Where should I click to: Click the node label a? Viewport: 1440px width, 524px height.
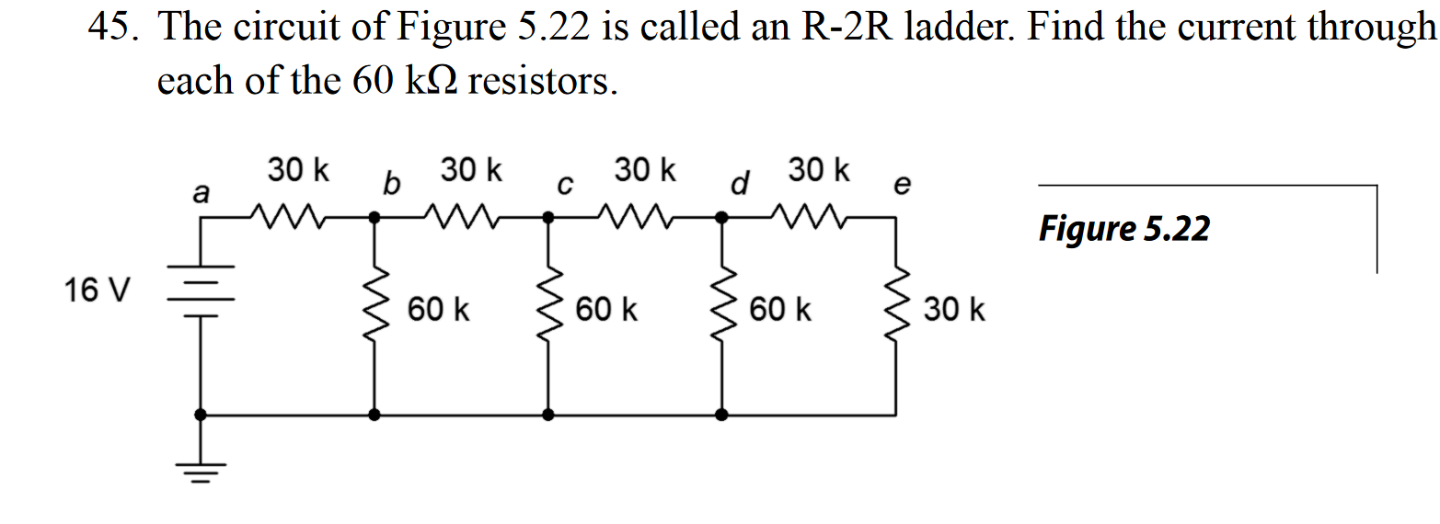(200, 194)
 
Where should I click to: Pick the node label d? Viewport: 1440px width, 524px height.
(737, 185)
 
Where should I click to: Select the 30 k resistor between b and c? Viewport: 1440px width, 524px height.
(462, 218)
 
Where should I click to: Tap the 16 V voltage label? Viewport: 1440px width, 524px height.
(97, 291)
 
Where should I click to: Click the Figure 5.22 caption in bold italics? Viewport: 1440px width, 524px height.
(1123, 228)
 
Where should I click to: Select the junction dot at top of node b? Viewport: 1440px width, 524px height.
(374, 218)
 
